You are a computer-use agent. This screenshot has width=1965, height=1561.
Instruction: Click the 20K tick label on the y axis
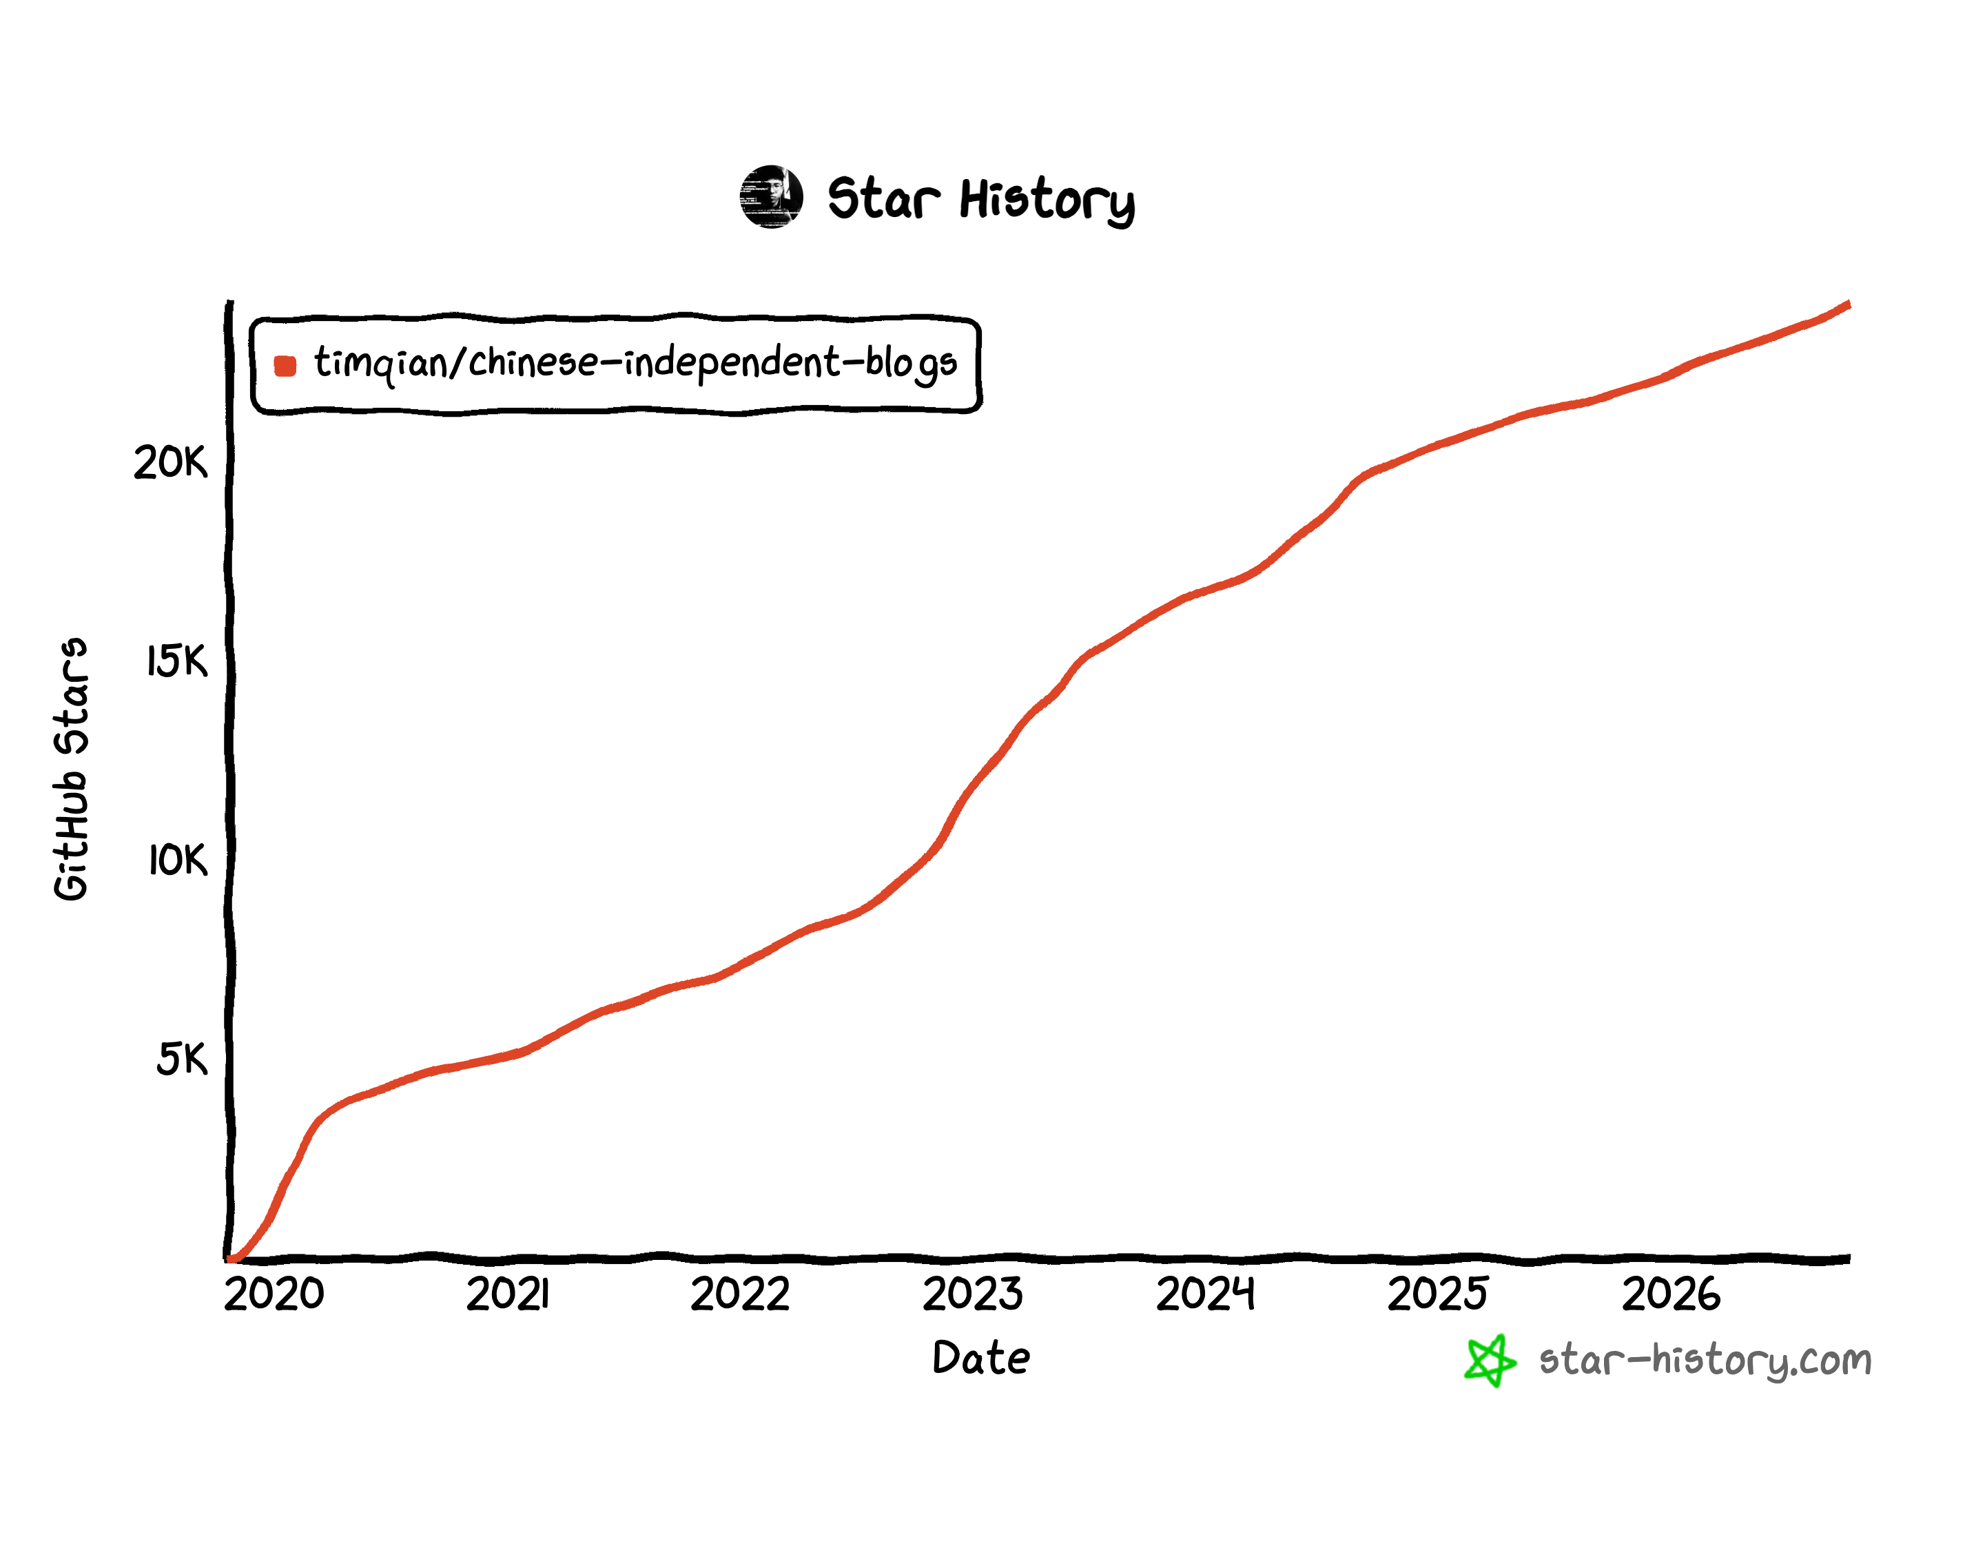pyautogui.click(x=170, y=462)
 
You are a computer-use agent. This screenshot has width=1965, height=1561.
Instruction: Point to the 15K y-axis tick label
pyautogui.click(x=177, y=661)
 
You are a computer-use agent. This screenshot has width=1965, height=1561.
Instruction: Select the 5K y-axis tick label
pyautogui.click(x=181, y=1059)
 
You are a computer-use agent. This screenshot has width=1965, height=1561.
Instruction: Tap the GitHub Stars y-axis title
pyautogui.click(x=71, y=770)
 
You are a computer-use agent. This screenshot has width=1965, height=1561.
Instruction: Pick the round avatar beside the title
pyautogui.click(x=771, y=197)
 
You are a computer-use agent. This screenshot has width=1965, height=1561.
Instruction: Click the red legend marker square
pyautogui.click(x=285, y=365)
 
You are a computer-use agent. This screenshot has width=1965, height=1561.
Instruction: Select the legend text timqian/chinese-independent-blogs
pyautogui.click(x=635, y=364)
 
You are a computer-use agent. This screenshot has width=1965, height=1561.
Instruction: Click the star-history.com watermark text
pyautogui.click(x=1705, y=1361)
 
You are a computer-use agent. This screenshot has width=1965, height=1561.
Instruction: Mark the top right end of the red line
pyautogui.click(x=1849, y=304)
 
